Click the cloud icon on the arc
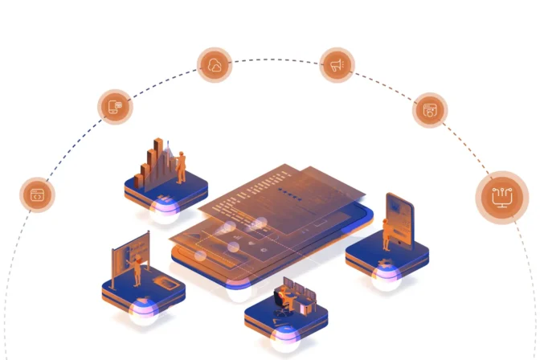[x=215, y=66]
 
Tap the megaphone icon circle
[x=337, y=64]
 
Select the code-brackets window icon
[x=37, y=194]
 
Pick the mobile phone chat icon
[x=115, y=106]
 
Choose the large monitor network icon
[x=501, y=196]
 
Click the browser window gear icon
[x=431, y=110]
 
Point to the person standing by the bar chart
[x=182, y=165]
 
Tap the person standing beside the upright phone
[x=387, y=234]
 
